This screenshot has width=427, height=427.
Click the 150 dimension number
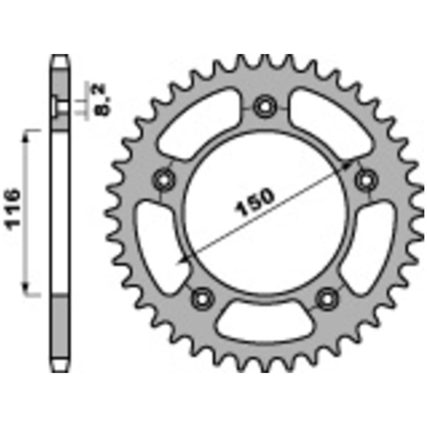(x=254, y=202)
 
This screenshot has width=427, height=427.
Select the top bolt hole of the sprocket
(x=265, y=106)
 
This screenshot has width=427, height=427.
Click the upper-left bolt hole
(x=164, y=180)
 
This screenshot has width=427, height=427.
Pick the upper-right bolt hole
(x=367, y=180)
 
